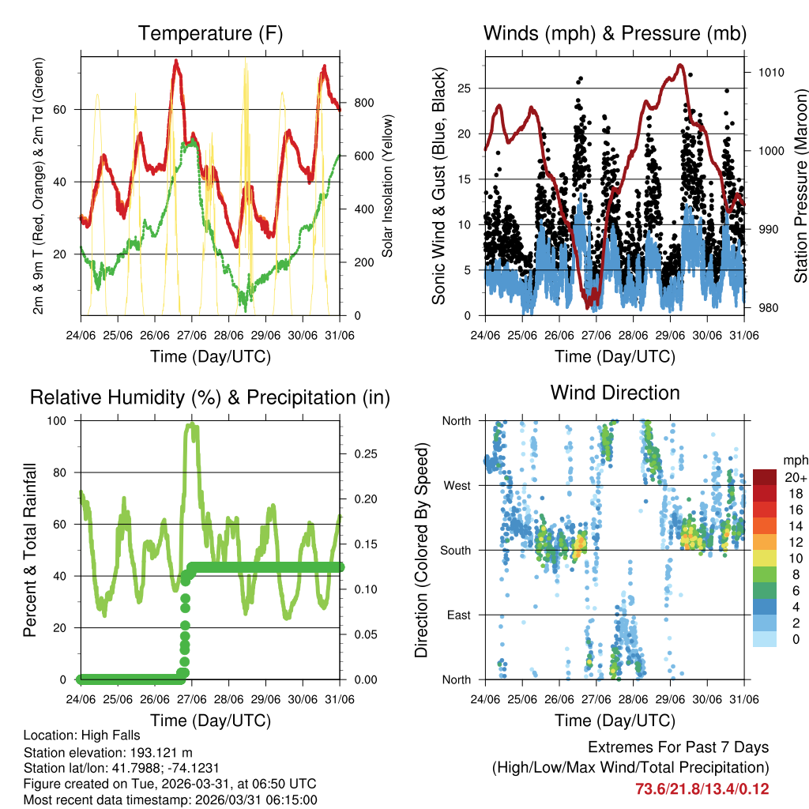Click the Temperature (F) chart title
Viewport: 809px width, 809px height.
click(210, 33)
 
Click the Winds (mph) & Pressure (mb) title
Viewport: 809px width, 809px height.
click(615, 33)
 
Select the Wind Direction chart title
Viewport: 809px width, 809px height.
click(615, 392)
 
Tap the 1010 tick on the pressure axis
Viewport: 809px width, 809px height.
click(769, 72)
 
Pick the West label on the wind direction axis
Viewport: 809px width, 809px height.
click(457, 485)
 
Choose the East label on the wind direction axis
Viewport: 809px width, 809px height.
click(458, 615)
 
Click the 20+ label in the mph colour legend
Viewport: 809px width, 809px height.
click(796, 477)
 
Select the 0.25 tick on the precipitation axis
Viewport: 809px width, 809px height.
click(364, 453)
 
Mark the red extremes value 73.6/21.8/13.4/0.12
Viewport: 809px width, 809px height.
click(702, 788)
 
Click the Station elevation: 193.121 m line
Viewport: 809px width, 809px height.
click(108, 752)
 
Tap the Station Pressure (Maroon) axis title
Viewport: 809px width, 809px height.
click(800, 186)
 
